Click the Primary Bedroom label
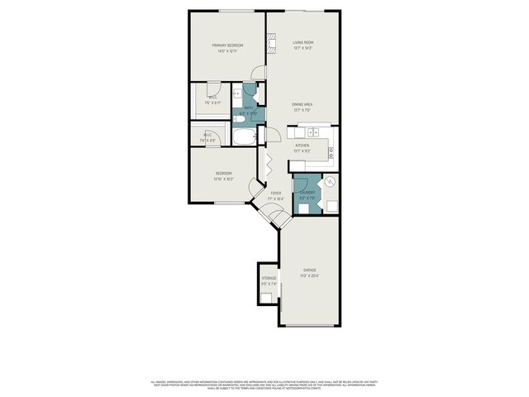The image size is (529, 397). pos(226,45)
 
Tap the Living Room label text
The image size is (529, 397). pos(303,42)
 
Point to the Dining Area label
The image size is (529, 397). pos(303,104)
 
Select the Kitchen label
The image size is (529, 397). pos(302,145)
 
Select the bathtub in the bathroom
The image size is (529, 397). pos(245,137)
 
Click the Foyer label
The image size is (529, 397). pos(276,193)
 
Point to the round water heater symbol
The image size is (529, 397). pos(329,183)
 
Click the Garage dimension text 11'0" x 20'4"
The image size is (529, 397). pos(310,275)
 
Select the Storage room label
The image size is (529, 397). pos(269,278)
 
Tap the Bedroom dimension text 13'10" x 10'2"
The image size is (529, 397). pos(223,179)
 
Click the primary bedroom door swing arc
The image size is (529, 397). pos(258,73)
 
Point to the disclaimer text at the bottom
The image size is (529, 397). pos(264,385)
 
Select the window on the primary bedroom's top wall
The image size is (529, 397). pos(236,11)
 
